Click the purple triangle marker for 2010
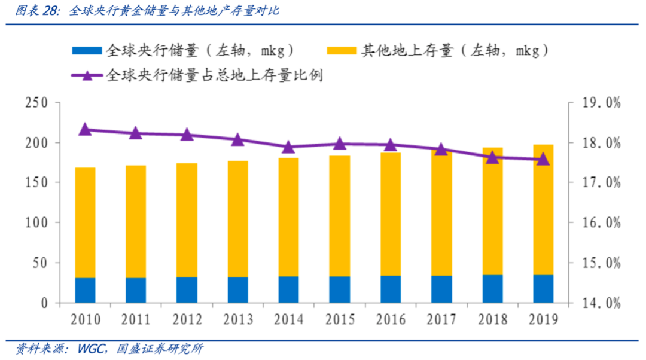86,129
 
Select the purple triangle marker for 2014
288,147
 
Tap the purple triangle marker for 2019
543,159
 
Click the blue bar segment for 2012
187,290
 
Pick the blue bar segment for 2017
441,289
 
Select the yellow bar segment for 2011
136,222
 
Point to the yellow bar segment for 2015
340,216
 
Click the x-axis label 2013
237,319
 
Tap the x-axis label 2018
492,319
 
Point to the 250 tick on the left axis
36,103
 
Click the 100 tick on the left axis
36,223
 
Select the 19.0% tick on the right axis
601,103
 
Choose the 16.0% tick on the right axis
601,223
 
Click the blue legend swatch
87,51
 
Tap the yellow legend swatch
342,51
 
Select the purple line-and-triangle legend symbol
87,75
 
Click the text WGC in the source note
91,349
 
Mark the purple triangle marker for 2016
391,145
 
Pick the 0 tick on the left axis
44,303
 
